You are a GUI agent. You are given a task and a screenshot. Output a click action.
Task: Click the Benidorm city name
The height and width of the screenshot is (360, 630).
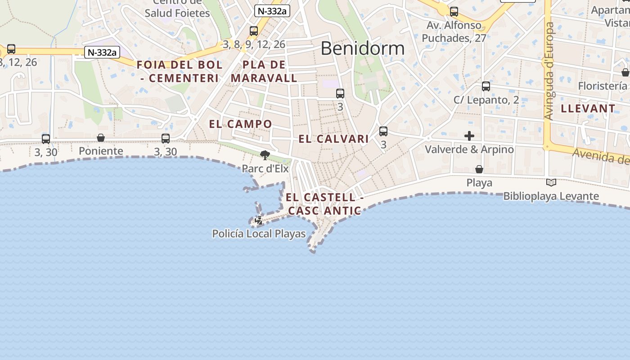click(362, 48)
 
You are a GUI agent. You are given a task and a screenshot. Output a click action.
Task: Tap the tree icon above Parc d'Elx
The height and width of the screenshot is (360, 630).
click(265, 156)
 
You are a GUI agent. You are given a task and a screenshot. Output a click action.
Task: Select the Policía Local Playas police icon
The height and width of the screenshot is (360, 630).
click(259, 220)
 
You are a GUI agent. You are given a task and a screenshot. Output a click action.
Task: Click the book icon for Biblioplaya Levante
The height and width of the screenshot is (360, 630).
click(551, 182)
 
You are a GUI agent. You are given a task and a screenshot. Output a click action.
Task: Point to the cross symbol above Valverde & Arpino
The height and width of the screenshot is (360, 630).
click(469, 136)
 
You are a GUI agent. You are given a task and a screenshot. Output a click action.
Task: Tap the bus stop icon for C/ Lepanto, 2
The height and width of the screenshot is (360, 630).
click(486, 86)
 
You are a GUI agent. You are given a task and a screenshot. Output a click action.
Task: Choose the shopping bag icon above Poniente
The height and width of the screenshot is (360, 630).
click(101, 138)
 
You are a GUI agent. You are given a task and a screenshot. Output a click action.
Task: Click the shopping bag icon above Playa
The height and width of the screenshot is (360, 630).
click(479, 170)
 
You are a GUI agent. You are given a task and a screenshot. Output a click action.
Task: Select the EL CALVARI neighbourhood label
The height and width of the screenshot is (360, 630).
click(334, 139)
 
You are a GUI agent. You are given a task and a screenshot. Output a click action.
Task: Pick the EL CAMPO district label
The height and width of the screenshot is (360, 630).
click(241, 124)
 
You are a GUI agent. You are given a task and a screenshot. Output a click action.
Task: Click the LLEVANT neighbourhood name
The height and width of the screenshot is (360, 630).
click(588, 108)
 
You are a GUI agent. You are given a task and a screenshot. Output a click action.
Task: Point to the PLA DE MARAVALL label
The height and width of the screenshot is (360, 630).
click(264, 72)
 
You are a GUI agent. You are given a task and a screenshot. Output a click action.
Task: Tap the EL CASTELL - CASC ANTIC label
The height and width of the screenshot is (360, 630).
click(324, 204)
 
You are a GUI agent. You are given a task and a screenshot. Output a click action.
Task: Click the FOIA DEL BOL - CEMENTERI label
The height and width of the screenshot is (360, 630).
click(180, 72)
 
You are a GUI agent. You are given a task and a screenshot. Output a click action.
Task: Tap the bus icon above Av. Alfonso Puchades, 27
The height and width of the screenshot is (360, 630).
click(454, 12)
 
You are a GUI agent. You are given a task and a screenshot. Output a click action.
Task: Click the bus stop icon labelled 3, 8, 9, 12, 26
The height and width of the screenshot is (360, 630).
click(254, 31)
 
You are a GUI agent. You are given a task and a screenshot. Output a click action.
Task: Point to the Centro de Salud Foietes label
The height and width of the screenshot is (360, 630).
click(177, 9)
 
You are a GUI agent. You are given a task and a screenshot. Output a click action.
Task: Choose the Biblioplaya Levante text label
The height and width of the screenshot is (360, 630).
click(551, 196)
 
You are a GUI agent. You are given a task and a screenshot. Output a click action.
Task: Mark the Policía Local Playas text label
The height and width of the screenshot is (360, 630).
click(259, 234)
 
